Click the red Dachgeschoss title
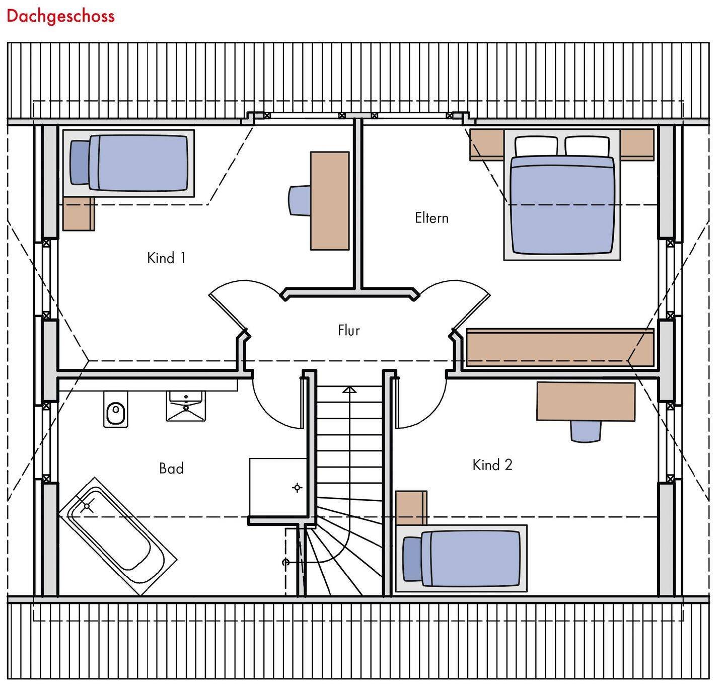[x=60, y=16]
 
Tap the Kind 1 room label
[x=166, y=258]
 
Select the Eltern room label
[x=431, y=218]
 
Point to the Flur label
[x=348, y=330]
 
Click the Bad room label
[x=171, y=469]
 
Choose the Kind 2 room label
[x=492, y=465]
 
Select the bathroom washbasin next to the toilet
[x=186, y=406]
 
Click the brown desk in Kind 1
[x=330, y=200]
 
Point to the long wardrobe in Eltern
[x=560, y=347]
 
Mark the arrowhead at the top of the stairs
[x=349, y=390]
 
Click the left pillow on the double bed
[x=536, y=146]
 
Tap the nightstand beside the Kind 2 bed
[x=411, y=508]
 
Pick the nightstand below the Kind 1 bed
[x=79, y=214]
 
